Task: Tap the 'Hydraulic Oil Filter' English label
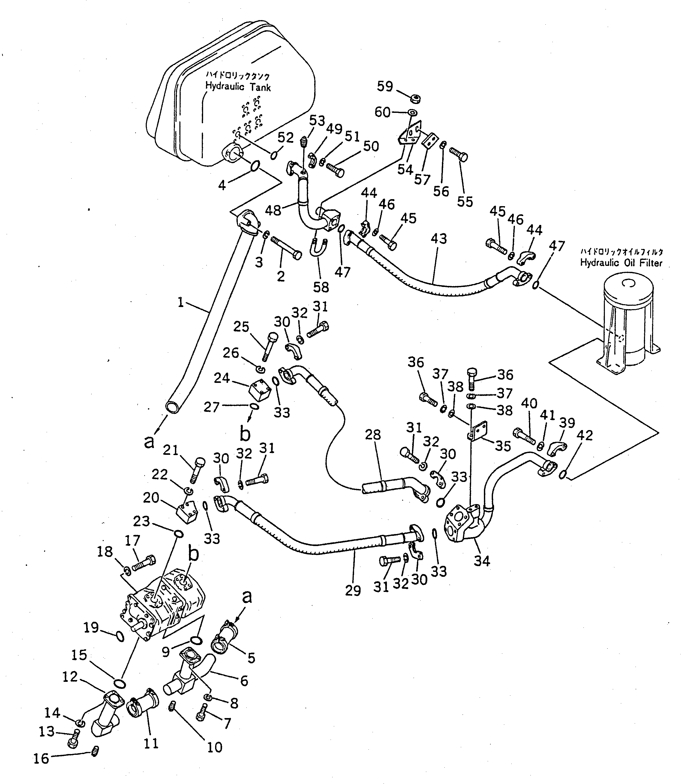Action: pos(621,263)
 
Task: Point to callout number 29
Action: pos(353,591)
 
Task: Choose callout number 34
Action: pos(482,561)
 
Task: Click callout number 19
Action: pos(91,628)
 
